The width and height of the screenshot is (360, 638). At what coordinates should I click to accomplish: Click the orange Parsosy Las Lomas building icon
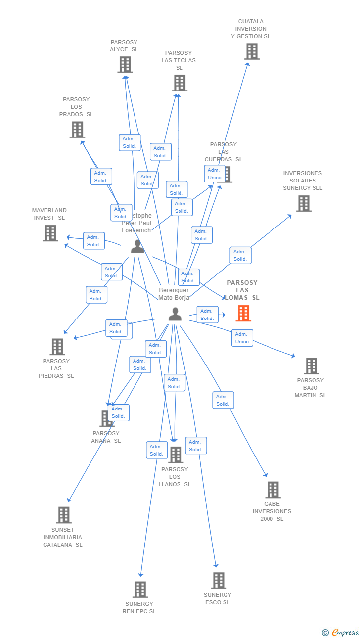[243, 313]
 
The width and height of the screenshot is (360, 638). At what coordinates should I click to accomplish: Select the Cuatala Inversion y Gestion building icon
[252, 51]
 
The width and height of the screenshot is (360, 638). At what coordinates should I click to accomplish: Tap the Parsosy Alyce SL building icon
[125, 64]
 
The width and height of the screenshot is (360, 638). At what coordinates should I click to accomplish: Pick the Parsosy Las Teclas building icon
[180, 83]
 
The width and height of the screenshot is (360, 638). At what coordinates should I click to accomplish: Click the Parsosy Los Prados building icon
[77, 130]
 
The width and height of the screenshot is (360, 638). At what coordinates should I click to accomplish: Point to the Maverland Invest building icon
[50, 233]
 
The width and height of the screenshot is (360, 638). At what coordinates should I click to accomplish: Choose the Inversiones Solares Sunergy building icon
[304, 203]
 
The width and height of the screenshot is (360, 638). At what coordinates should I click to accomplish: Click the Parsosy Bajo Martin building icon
[312, 366]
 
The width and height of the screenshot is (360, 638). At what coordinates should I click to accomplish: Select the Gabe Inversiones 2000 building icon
[273, 490]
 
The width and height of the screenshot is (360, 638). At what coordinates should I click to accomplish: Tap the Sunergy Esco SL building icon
[219, 580]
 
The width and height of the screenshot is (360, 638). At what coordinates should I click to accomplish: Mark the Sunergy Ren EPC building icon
[140, 589]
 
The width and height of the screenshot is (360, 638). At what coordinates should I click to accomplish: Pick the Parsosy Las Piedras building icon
[57, 347]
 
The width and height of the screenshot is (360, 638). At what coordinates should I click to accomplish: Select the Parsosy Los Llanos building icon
[176, 455]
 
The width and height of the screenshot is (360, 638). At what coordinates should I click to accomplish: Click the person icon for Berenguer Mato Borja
[175, 314]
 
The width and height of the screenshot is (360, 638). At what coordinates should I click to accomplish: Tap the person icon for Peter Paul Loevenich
[137, 246]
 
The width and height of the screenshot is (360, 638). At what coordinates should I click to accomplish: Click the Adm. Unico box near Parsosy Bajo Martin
[242, 338]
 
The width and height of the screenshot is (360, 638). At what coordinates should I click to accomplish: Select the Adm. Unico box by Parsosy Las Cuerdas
[215, 174]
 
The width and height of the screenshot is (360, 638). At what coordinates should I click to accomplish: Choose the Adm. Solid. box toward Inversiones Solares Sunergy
[240, 255]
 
